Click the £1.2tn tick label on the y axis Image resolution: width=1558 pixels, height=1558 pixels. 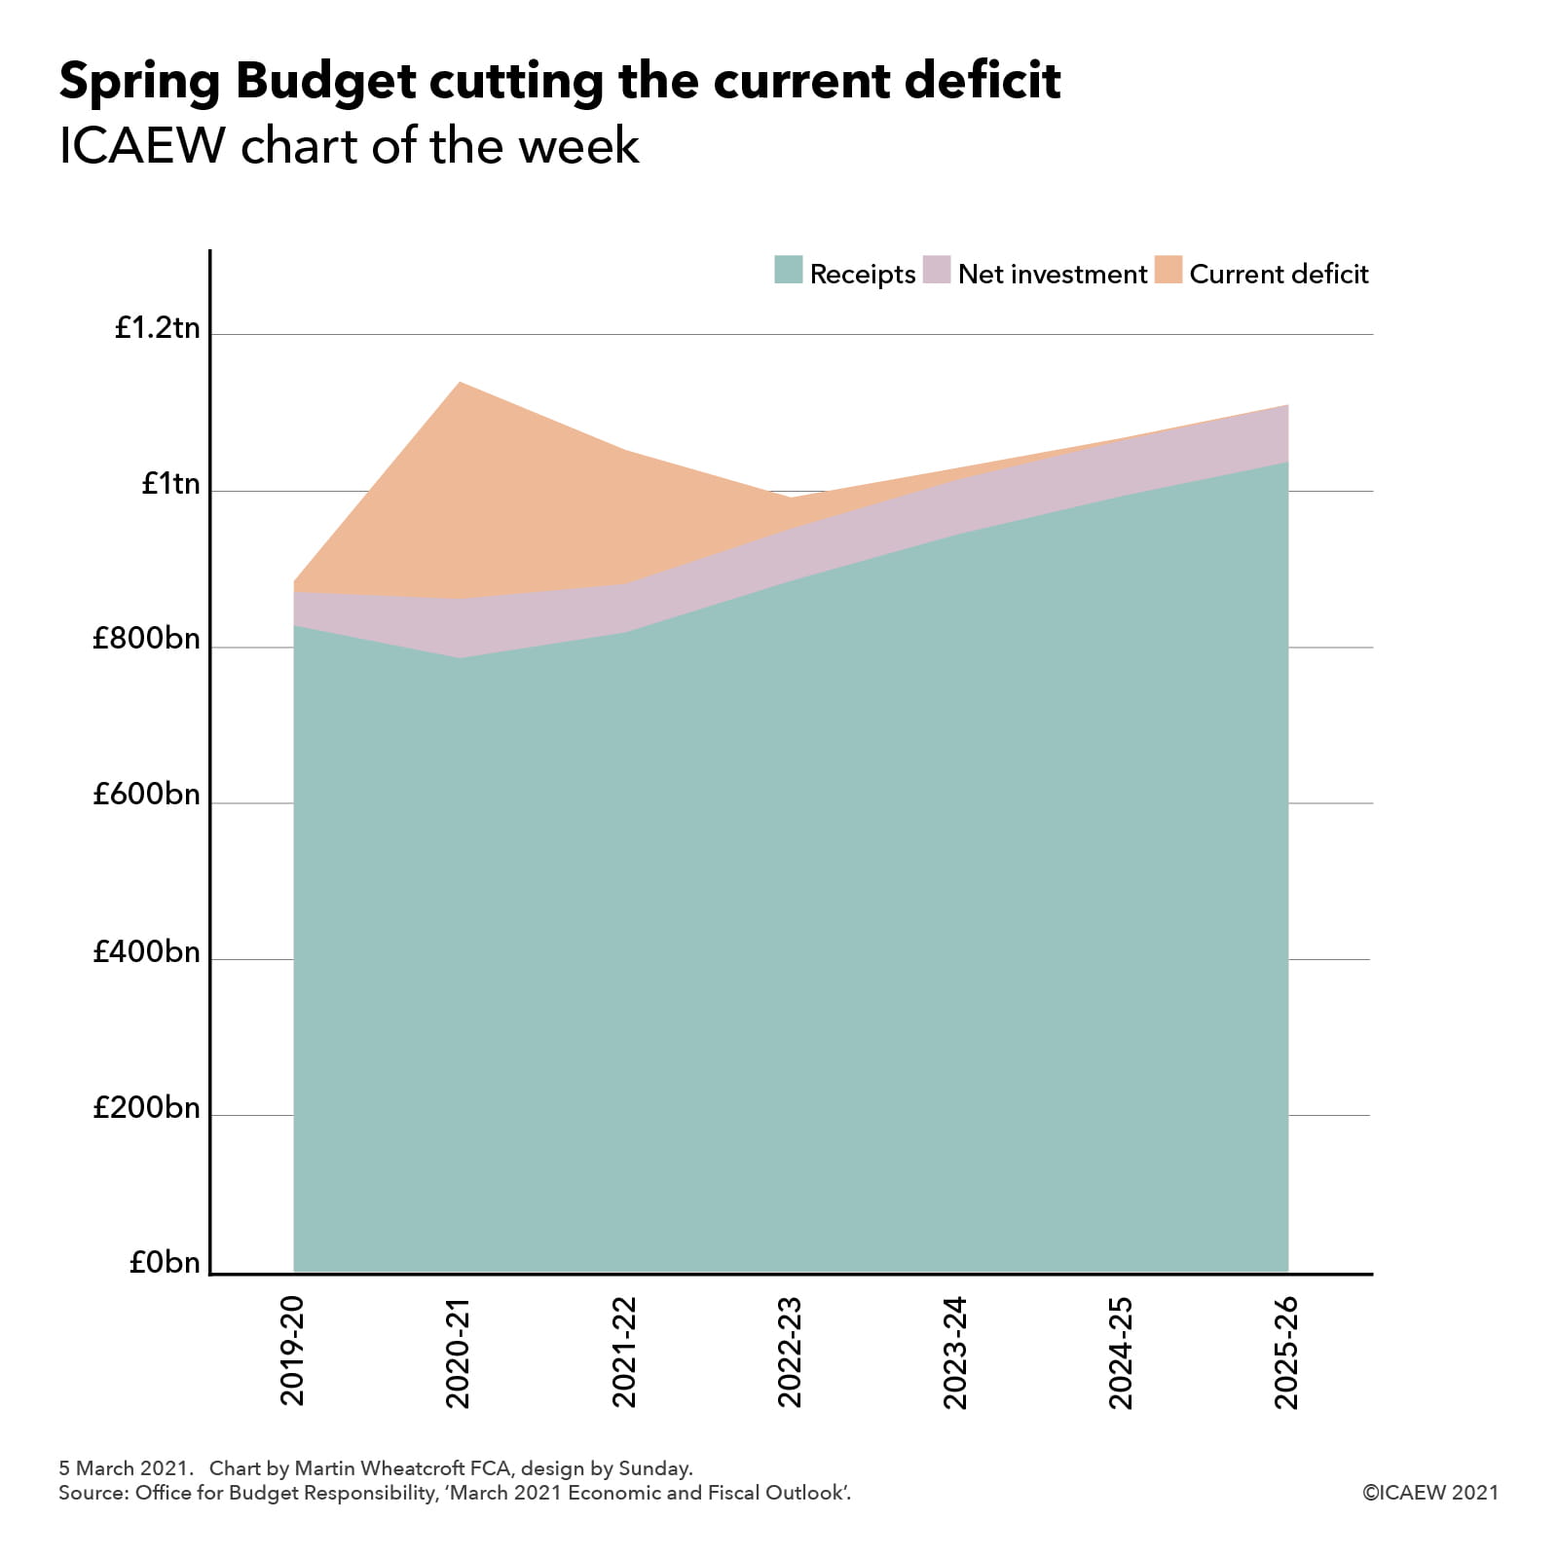pyautogui.click(x=157, y=328)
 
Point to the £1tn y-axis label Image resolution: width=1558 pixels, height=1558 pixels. pyautogui.click(x=170, y=484)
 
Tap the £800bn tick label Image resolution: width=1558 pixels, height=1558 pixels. pyautogui.click(x=146, y=640)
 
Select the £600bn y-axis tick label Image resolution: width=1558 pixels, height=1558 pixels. pyautogui.click(x=146, y=796)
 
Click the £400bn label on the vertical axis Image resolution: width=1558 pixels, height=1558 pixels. pyautogui.click(x=146, y=952)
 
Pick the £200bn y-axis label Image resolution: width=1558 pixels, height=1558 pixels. pyautogui.click(x=146, y=1108)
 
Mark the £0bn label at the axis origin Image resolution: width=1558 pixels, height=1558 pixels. pyautogui.click(x=164, y=1263)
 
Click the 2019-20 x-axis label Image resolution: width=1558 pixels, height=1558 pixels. pyautogui.click(x=293, y=1351)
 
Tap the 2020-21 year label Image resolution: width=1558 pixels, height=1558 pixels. pyautogui.click(x=459, y=1353)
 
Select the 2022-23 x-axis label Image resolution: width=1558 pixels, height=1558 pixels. pyautogui.click(x=790, y=1353)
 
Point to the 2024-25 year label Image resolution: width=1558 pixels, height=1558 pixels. pyautogui.click(x=1122, y=1353)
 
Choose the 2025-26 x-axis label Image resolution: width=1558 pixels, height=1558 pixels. pyautogui.click(x=1287, y=1353)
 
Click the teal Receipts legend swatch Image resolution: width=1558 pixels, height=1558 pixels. pyautogui.click(x=788, y=270)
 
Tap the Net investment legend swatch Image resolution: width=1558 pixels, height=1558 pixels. pyautogui.click(x=937, y=270)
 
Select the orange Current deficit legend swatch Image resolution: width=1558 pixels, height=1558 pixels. pyautogui.click(x=1168, y=270)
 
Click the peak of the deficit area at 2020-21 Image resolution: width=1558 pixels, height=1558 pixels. pyautogui.click(x=460, y=384)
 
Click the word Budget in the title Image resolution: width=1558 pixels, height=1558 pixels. pyautogui.click(x=325, y=82)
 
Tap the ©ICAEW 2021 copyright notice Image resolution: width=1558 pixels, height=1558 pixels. pyautogui.click(x=1429, y=1493)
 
